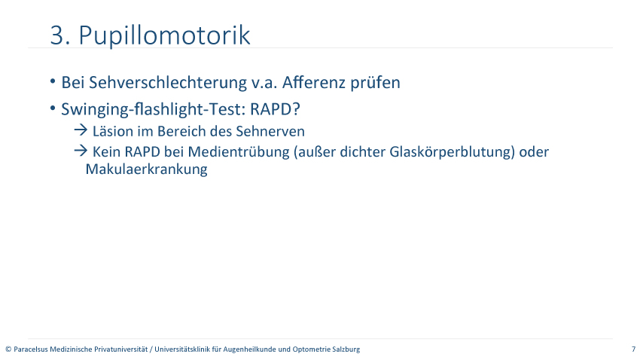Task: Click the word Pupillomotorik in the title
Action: tap(164, 36)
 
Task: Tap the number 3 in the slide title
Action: tap(57, 35)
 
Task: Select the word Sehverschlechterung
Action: tap(168, 82)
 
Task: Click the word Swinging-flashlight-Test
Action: tap(153, 109)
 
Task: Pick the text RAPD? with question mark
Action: tap(275, 109)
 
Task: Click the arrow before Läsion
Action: tap(81, 130)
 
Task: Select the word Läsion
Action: tap(110, 132)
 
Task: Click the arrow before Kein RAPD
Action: tap(81, 151)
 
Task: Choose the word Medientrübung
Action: tap(239, 152)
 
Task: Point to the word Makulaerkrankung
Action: tap(147, 169)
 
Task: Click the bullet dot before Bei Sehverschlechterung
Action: tap(53, 81)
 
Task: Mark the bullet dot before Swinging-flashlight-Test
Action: tap(53, 108)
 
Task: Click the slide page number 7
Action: tap(633, 349)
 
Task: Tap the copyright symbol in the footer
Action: tap(8, 349)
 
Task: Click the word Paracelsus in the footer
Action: tap(31, 349)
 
